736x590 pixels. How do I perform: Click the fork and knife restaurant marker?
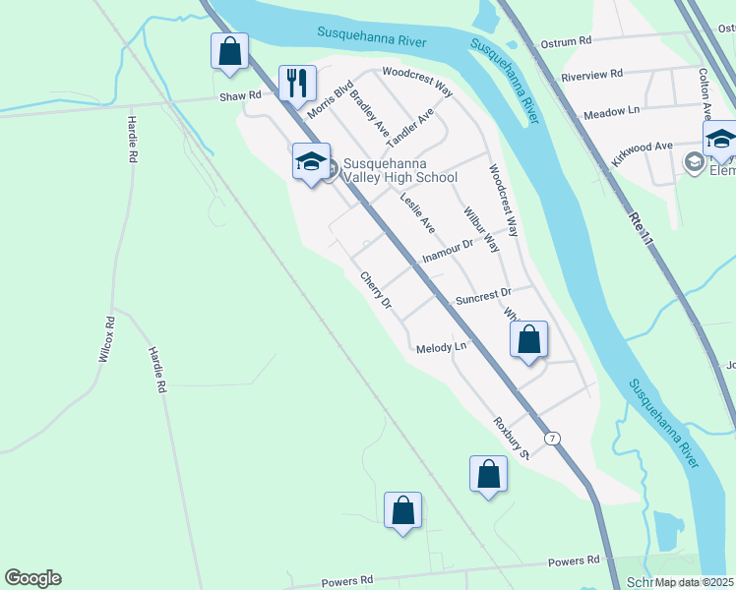(x=297, y=83)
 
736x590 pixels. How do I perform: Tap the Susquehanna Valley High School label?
(x=399, y=171)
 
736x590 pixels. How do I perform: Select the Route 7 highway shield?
(x=554, y=438)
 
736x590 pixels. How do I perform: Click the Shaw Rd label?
(x=241, y=95)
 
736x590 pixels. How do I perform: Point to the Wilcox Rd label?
(x=106, y=339)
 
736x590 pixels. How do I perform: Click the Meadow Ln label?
(x=612, y=114)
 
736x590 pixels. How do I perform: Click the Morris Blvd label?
(x=330, y=99)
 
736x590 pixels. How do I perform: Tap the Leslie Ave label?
(x=417, y=212)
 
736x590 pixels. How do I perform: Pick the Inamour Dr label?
(x=448, y=250)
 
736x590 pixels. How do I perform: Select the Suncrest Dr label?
(x=483, y=293)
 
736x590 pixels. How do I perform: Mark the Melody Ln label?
(x=440, y=347)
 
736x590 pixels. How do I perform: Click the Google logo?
(x=32, y=578)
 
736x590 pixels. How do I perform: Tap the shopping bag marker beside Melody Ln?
(x=528, y=341)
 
